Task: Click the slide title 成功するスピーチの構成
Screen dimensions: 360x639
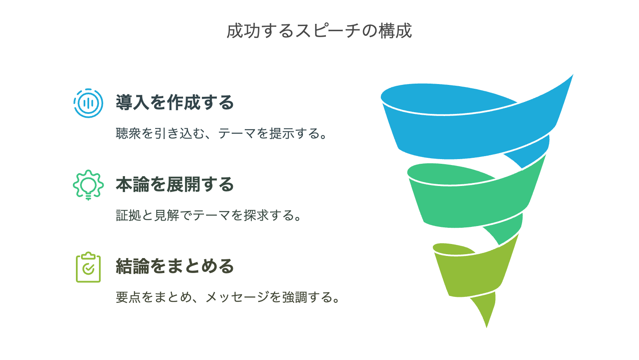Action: (x=319, y=31)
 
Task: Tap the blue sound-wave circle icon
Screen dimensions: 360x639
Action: (x=88, y=103)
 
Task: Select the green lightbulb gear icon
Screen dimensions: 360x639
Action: (x=88, y=185)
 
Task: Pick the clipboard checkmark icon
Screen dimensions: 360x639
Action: (x=88, y=267)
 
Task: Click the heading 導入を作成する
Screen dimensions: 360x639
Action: (x=175, y=103)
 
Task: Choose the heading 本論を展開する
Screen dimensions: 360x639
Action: (x=175, y=185)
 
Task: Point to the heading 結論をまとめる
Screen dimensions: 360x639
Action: (x=175, y=267)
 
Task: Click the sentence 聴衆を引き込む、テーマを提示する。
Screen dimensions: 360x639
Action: (x=222, y=134)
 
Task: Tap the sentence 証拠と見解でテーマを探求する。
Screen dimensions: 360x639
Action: (x=209, y=215)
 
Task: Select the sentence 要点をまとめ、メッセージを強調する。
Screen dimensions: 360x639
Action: (x=228, y=297)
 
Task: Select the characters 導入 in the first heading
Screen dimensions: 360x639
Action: (x=128, y=103)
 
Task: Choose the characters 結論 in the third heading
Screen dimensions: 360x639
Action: (x=128, y=267)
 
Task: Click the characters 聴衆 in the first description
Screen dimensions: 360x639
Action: (x=128, y=134)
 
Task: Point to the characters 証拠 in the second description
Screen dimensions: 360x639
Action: (x=128, y=215)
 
